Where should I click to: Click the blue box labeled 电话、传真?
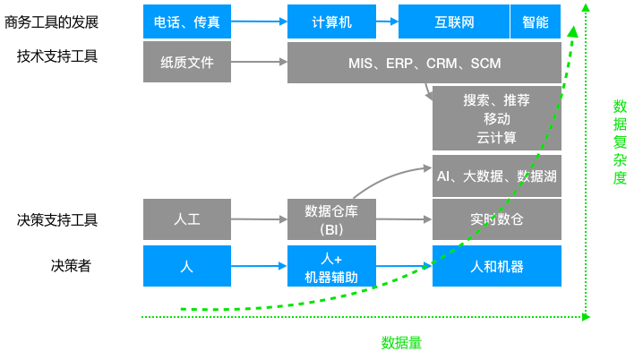(187, 21)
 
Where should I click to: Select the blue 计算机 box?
(331, 21)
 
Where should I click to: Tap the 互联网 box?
(453, 21)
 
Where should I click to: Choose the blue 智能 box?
(536, 21)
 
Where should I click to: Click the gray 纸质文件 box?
(187, 63)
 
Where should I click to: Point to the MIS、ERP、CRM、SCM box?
(424, 64)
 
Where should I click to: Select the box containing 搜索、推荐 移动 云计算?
(496, 119)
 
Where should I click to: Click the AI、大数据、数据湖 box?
(496, 176)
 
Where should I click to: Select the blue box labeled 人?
(187, 266)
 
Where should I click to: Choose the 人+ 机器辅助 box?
(331, 266)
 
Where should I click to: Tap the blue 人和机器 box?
(496, 266)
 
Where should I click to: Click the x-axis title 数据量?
(401, 342)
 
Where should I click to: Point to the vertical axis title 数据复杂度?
(620, 141)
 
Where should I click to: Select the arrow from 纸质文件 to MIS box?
(259, 63)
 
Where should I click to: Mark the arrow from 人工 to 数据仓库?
(259, 219)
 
